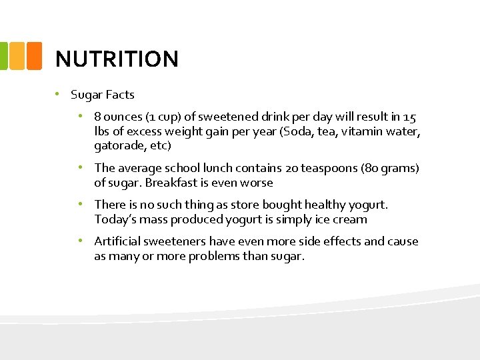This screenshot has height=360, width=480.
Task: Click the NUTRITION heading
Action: (x=117, y=59)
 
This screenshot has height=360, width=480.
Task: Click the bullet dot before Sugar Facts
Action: (x=58, y=95)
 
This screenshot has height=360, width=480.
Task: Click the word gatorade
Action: (x=117, y=145)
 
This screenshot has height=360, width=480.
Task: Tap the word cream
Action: (x=351, y=219)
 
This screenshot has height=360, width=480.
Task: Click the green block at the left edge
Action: (x=3, y=55)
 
